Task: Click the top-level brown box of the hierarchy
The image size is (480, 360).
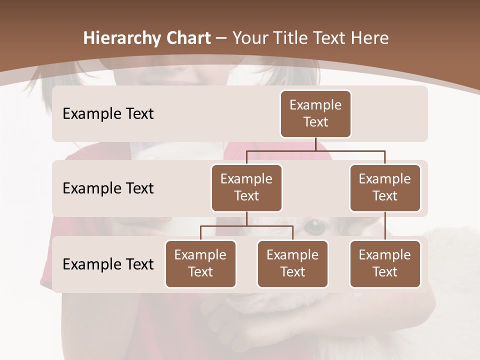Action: pyautogui.click(x=315, y=113)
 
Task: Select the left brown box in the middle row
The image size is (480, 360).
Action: pyautogui.click(x=246, y=187)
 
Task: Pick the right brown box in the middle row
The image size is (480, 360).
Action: pyautogui.click(x=385, y=187)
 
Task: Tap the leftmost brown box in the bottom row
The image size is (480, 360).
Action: pyautogui.click(x=200, y=263)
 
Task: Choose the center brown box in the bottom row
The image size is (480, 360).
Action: pyautogui.click(x=292, y=263)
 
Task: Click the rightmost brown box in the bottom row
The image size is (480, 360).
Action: pyautogui.click(x=385, y=263)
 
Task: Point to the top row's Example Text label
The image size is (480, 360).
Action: pyautogui.click(x=108, y=114)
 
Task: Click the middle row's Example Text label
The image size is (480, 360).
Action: pyautogui.click(x=108, y=188)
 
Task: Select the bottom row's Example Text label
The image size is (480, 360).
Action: pyautogui.click(x=108, y=264)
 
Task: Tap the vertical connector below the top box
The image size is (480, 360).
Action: pyautogui.click(x=315, y=144)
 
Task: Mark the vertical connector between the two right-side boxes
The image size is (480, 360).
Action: pyautogui.click(x=385, y=226)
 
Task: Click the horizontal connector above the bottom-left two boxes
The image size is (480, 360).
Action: pyautogui.click(x=246, y=226)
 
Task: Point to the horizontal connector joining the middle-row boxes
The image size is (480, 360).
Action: pyautogui.click(x=315, y=150)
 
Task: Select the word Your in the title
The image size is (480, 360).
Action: pyautogui.click(x=250, y=38)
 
